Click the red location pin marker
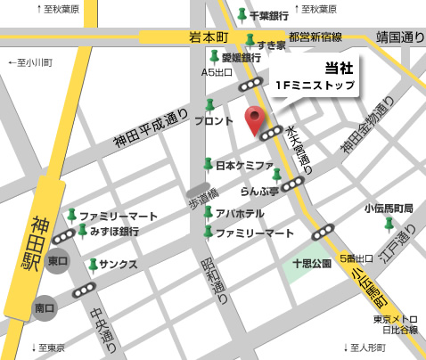pyautogui.click(x=255, y=119)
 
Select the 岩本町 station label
pyautogui.click(x=209, y=37)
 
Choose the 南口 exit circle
pyautogui.click(x=45, y=308)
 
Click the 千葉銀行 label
pyautogui.click(x=268, y=16)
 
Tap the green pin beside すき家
pyautogui.click(x=250, y=42)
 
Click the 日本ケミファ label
pyautogui.click(x=242, y=165)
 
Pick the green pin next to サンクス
pyautogui.click(x=93, y=265)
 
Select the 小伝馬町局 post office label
pyautogui.click(x=389, y=209)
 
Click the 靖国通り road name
pyautogui.click(x=400, y=37)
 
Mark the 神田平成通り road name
pyautogui.click(x=152, y=129)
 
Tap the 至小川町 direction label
pyautogui.click(x=30, y=63)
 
